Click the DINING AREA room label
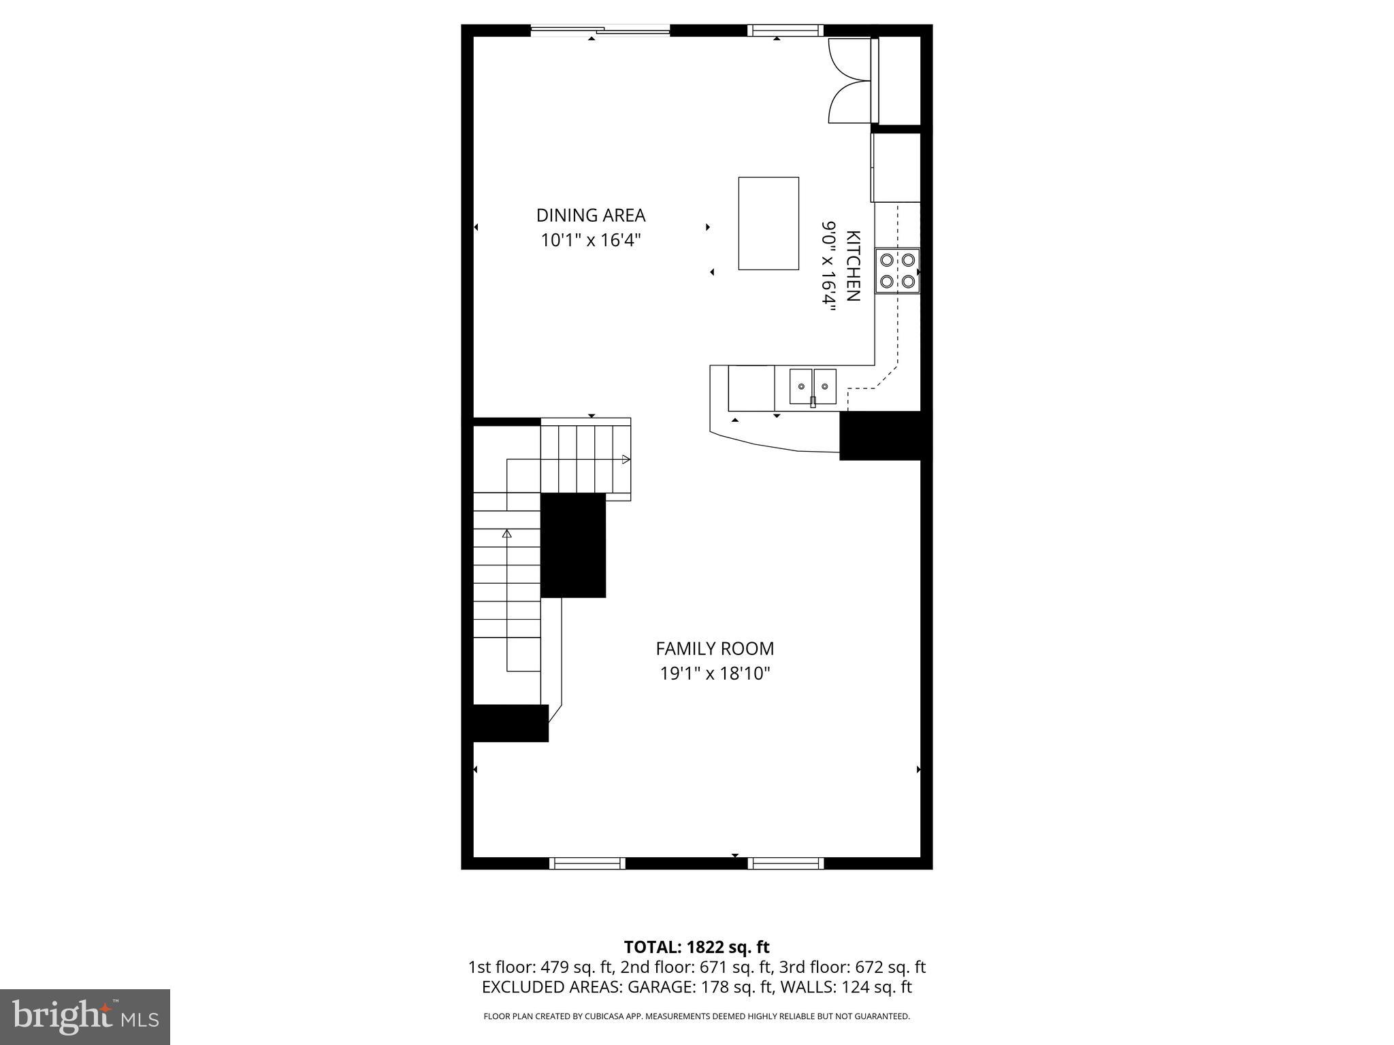click(x=590, y=215)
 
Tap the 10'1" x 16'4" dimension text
click(x=590, y=240)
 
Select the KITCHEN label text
click(x=853, y=266)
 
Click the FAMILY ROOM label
click(x=715, y=648)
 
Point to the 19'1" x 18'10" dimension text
click(x=715, y=674)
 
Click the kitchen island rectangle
click(x=768, y=223)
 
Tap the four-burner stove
click(x=897, y=270)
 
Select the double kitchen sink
click(x=813, y=386)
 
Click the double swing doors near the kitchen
click(x=849, y=81)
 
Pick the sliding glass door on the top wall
click(x=600, y=30)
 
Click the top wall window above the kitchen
click(x=785, y=30)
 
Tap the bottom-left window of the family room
click(x=587, y=863)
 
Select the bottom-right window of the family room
click(x=785, y=863)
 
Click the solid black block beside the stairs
click(x=573, y=545)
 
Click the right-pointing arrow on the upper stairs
click(x=626, y=459)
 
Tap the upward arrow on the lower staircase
click(x=506, y=534)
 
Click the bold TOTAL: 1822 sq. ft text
click(x=696, y=947)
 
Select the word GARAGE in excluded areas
click(x=657, y=986)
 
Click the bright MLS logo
click(x=85, y=1016)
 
